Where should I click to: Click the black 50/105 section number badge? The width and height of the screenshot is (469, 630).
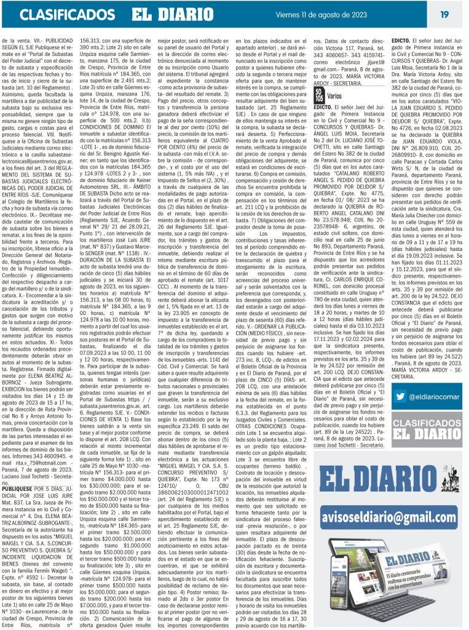pos(319,97)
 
